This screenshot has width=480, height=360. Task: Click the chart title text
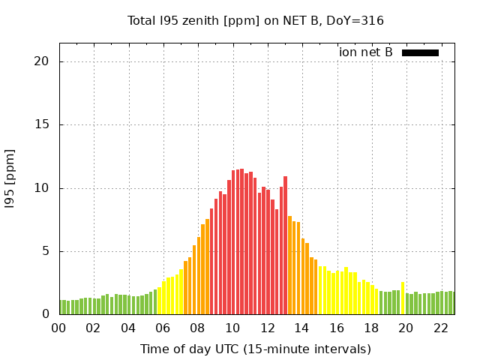(256, 20)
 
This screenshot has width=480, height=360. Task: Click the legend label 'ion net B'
(366, 52)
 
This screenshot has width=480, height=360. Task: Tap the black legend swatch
(420, 52)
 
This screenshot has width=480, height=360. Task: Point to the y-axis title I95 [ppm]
(10, 187)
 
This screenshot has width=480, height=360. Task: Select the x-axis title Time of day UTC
(256, 349)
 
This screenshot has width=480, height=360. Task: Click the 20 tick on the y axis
(41, 61)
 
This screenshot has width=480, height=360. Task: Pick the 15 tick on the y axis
(41, 124)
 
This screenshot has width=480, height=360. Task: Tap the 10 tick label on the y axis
(41, 187)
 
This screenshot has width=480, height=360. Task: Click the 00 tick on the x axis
(58, 328)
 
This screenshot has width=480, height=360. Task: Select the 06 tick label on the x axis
(163, 328)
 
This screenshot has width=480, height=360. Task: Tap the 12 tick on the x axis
(267, 328)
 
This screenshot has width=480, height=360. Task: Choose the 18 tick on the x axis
(371, 328)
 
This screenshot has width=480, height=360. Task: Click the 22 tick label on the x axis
(441, 328)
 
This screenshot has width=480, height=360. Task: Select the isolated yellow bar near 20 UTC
(403, 298)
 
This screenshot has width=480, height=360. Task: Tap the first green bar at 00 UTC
(61, 307)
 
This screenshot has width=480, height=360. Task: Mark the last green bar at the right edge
(451, 302)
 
